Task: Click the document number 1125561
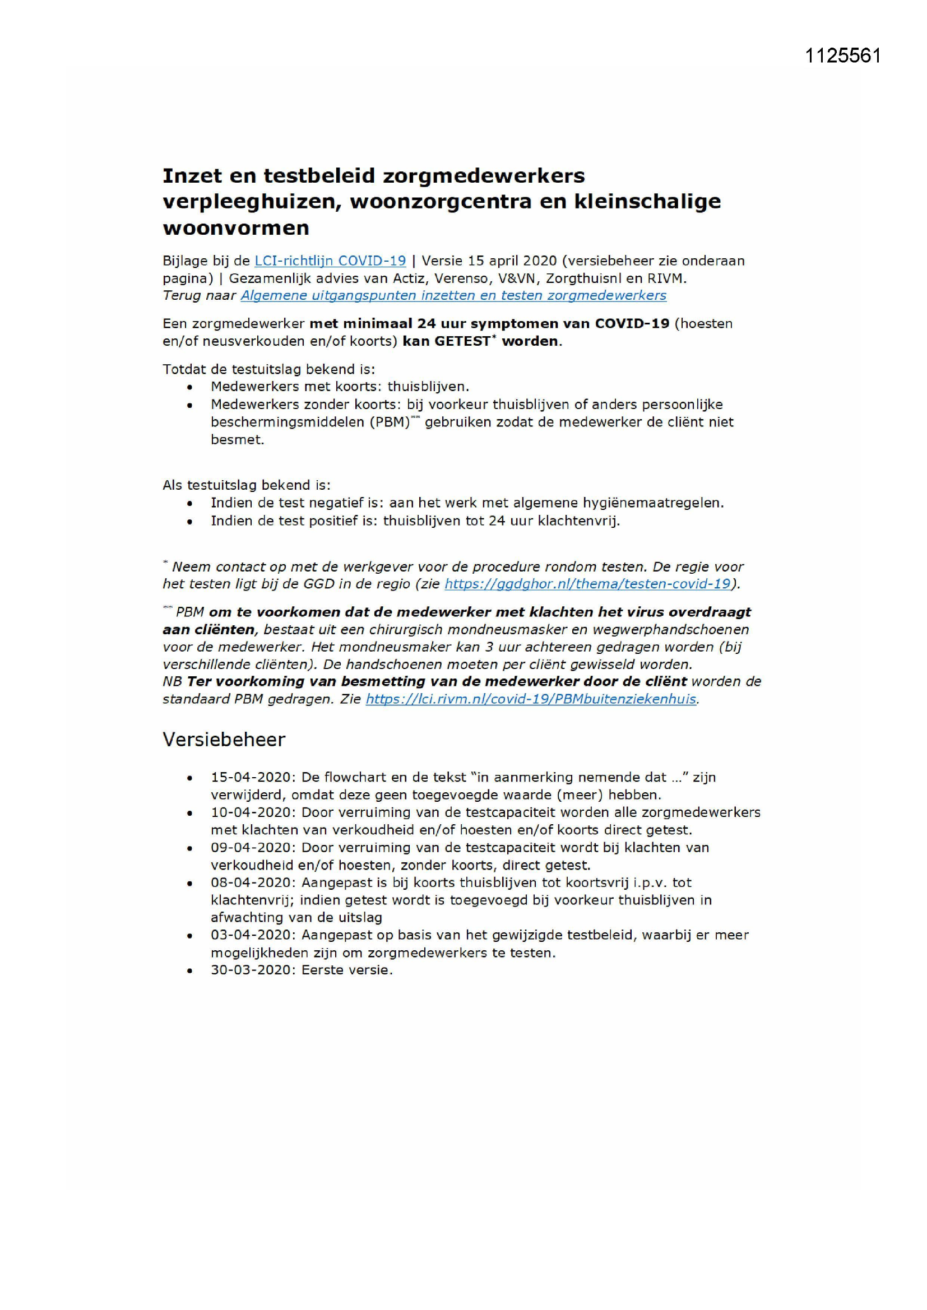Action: tap(842, 55)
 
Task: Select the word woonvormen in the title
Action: tap(236, 228)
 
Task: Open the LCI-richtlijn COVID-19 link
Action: tap(330, 261)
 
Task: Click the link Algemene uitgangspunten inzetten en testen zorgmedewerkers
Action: tap(453, 295)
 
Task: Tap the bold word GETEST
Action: tap(462, 341)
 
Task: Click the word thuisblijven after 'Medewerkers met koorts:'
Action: tap(428, 386)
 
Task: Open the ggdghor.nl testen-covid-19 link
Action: tap(587, 584)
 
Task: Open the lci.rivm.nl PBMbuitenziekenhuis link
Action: tap(531, 699)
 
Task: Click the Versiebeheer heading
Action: tap(224, 740)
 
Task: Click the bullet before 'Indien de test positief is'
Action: tap(190, 522)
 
